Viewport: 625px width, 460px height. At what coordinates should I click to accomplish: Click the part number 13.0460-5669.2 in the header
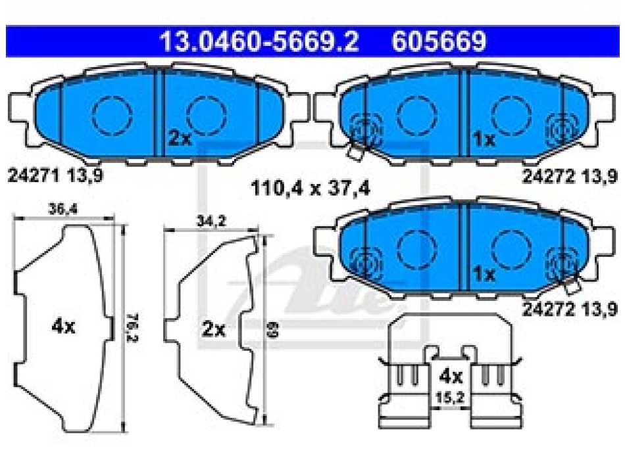coord(259,41)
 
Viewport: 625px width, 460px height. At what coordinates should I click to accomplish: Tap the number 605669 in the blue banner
coord(439,41)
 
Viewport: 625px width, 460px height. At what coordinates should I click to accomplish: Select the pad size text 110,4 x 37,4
coord(310,188)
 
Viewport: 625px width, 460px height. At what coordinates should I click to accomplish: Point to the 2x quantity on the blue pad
coord(180,138)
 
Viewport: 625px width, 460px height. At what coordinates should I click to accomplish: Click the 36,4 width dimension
coord(63,209)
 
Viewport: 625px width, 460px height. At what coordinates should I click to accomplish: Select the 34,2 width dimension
coord(211,221)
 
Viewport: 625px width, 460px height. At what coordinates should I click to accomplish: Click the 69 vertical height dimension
coord(274,329)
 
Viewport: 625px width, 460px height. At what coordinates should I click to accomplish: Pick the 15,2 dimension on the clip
coord(449,398)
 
